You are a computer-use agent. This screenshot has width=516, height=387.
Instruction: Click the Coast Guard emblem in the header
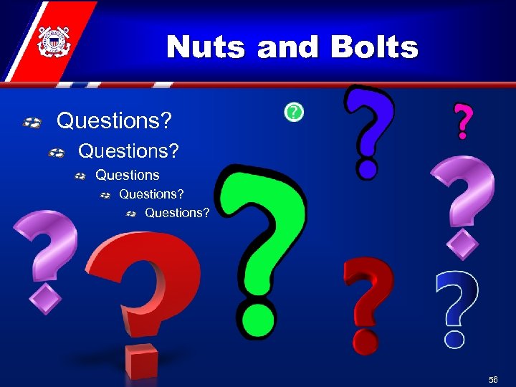(x=52, y=42)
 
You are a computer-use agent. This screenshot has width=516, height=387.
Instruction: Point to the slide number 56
(x=493, y=379)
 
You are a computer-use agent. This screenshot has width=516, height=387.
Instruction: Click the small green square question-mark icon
(x=293, y=112)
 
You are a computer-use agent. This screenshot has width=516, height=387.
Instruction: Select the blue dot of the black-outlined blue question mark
(x=368, y=168)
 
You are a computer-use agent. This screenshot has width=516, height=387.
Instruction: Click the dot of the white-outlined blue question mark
(x=454, y=336)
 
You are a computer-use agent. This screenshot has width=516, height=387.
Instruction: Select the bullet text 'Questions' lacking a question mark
(x=128, y=175)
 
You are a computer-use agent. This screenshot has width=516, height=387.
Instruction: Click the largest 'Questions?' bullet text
(x=114, y=120)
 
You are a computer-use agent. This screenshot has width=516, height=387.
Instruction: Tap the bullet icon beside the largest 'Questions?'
(x=31, y=123)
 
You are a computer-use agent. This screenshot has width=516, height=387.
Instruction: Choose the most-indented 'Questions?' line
(x=177, y=213)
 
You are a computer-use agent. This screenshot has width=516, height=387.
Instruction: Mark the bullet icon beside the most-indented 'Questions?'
(x=131, y=214)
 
